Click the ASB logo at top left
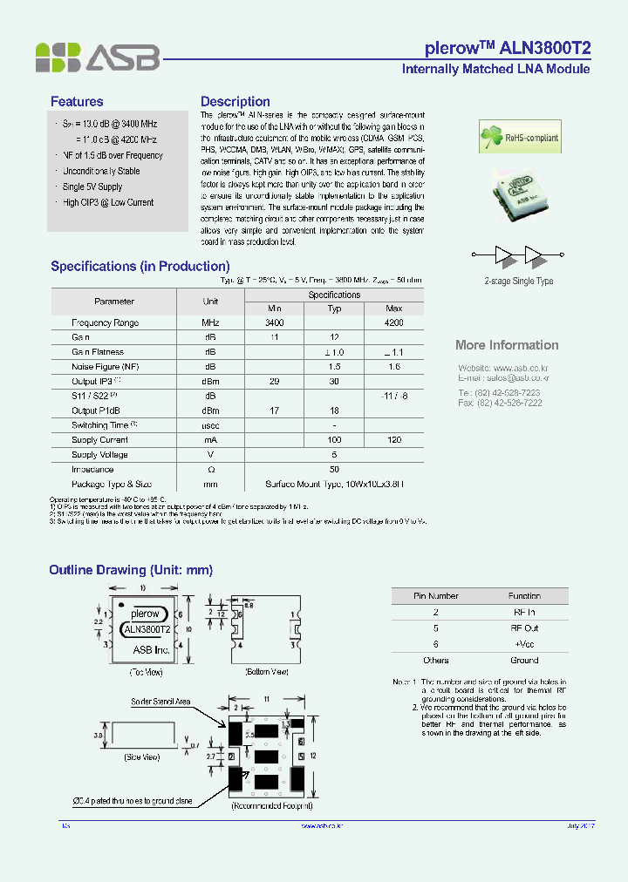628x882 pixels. pos(97,58)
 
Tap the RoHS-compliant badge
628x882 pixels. pos(520,138)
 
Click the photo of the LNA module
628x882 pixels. pos(520,195)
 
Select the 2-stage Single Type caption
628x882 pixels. pos(519,282)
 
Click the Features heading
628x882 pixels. pos(77,102)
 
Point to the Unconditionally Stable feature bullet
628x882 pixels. pos(101,172)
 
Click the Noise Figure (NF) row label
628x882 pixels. pos(106,367)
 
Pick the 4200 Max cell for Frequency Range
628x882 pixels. pos(393,322)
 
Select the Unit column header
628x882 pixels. pos(210,302)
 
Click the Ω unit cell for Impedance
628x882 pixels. pos(210,470)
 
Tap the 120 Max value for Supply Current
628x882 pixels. pos(393,440)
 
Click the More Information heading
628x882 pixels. pos(507,345)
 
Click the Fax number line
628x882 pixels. pos(501,403)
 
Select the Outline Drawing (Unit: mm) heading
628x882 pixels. pos(131,570)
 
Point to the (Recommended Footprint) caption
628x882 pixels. pos(267,807)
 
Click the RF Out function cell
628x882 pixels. pos(524,628)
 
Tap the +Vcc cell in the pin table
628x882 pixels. pos(524,644)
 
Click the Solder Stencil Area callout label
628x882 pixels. pos(161,702)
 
